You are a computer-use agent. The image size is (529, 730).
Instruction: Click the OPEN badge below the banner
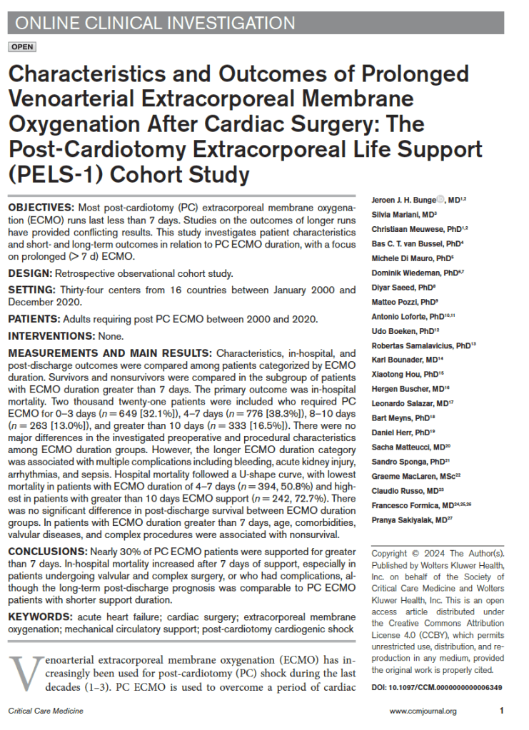[21, 47]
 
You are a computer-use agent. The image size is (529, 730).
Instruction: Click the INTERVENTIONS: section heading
[49, 336]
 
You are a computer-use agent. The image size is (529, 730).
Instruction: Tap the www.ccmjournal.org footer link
[423, 711]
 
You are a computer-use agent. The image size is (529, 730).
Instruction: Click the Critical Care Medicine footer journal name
[45, 711]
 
